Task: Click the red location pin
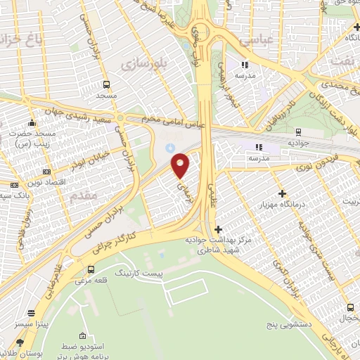pyautogui.click(x=181, y=165)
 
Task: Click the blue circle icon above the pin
pyautogui.click(x=169, y=148)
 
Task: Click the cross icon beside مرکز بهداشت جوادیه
pyautogui.click(x=218, y=229)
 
